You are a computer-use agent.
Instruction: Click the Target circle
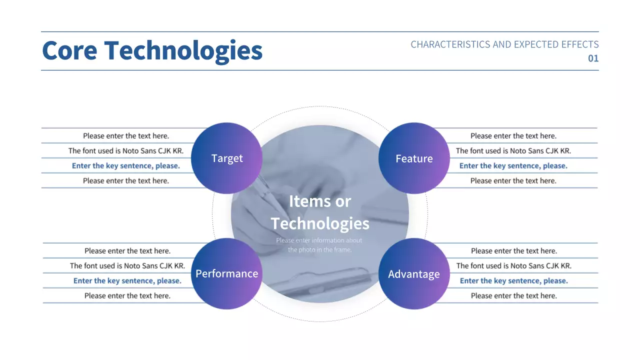click(x=227, y=158)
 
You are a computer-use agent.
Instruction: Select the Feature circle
click(x=414, y=158)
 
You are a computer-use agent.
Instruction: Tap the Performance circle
click(x=226, y=273)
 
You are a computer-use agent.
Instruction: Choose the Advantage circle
click(x=414, y=274)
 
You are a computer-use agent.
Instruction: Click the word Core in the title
click(x=69, y=50)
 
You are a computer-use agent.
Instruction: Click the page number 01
click(x=593, y=58)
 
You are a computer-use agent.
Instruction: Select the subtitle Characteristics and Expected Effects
click(x=504, y=44)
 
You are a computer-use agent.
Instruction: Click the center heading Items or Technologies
click(x=320, y=212)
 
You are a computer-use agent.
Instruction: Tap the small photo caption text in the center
click(x=319, y=245)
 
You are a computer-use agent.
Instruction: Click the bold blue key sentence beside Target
click(x=126, y=166)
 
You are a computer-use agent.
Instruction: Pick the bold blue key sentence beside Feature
click(x=513, y=166)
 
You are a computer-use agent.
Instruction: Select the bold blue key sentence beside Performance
click(x=127, y=281)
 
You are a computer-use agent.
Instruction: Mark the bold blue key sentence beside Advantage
click(x=514, y=281)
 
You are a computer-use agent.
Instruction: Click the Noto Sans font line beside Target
click(x=126, y=151)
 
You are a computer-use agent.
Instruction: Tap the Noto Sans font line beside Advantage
click(x=514, y=266)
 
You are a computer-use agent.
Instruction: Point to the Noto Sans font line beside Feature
click(x=513, y=151)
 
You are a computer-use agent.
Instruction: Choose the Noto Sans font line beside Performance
click(x=127, y=266)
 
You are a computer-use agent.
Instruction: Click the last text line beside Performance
click(x=127, y=296)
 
